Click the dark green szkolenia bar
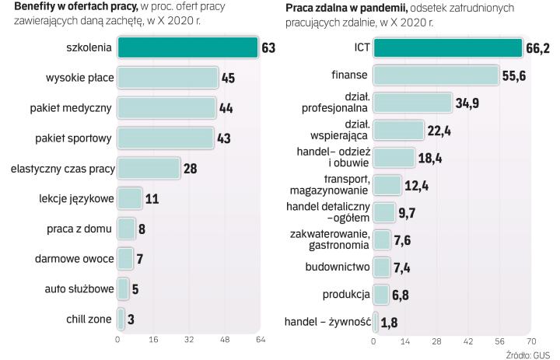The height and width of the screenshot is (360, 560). pyautogui.click(x=187, y=48)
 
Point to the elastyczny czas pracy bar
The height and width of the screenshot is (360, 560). pyautogui.click(x=149, y=168)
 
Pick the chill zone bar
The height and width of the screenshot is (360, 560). pyautogui.click(x=121, y=318)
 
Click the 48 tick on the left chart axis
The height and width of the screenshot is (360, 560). pyautogui.click(x=225, y=340)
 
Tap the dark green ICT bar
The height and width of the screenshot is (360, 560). pyautogui.click(x=448, y=48)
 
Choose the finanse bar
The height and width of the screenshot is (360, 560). pyautogui.click(x=436, y=75)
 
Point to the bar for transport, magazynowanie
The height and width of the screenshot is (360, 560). pyautogui.click(x=387, y=185)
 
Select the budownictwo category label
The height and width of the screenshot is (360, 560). pyautogui.click(x=338, y=268)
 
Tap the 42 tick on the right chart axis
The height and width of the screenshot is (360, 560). pyautogui.click(x=468, y=341)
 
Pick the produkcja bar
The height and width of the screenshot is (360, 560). pyautogui.click(x=381, y=295)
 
